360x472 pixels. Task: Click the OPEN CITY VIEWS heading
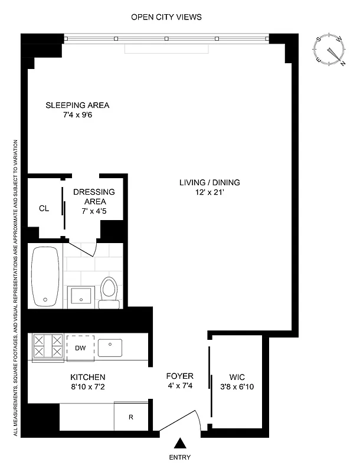coord(166,17)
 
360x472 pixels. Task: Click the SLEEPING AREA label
coord(78,106)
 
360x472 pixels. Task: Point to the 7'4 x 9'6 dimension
coord(78,116)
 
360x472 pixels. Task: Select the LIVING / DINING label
coord(210,182)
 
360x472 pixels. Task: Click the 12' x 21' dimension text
coord(210,192)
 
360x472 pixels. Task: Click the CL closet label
coord(44,208)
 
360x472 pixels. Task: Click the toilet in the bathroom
coord(109,291)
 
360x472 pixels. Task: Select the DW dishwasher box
coord(80,348)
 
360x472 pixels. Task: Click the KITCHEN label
coord(88,377)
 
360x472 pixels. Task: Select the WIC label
coord(237,377)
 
